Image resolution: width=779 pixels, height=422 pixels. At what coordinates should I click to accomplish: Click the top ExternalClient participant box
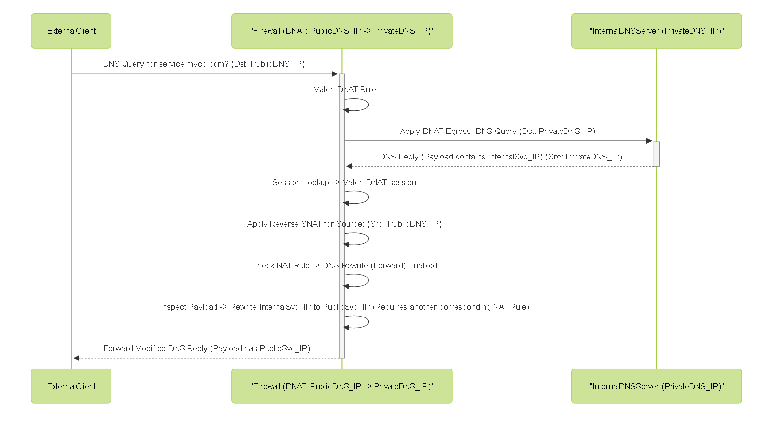point(71,31)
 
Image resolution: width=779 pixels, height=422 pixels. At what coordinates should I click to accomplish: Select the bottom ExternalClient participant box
point(71,386)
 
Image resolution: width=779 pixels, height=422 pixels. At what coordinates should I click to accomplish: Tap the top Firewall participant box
point(342,31)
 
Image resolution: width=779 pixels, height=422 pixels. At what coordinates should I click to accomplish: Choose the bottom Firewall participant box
point(342,386)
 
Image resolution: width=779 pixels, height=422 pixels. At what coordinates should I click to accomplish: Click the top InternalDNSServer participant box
point(657,31)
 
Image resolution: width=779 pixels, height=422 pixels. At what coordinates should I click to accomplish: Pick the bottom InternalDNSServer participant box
point(657,386)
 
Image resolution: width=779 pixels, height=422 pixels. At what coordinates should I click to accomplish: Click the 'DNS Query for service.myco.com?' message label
point(204,64)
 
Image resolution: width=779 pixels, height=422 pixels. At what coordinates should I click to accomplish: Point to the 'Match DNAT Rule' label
point(344,89)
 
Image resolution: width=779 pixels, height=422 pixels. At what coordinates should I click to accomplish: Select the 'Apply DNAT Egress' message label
point(498,131)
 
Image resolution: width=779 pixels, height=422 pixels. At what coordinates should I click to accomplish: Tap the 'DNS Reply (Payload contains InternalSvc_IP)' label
point(501,157)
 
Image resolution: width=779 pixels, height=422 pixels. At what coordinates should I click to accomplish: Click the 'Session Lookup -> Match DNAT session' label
point(344,182)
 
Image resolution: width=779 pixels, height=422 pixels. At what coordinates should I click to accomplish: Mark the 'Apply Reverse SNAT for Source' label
point(344,224)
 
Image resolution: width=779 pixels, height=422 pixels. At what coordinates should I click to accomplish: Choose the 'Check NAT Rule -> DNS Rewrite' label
point(344,265)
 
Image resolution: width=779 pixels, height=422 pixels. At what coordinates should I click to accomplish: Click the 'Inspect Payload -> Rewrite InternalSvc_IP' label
point(345,307)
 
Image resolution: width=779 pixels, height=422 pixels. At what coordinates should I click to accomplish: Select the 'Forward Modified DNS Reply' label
point(207,349)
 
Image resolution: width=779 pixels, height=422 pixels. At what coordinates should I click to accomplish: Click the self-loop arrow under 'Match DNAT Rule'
point(368,105)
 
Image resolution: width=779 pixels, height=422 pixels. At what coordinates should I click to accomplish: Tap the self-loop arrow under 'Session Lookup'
point(368,197)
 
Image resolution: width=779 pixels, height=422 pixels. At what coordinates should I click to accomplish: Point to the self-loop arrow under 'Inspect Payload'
point(368,322)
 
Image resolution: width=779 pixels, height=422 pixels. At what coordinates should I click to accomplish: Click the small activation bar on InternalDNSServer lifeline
point(657,154)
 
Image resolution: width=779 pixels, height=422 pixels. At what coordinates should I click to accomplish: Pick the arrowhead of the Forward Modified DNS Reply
point(76,358)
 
